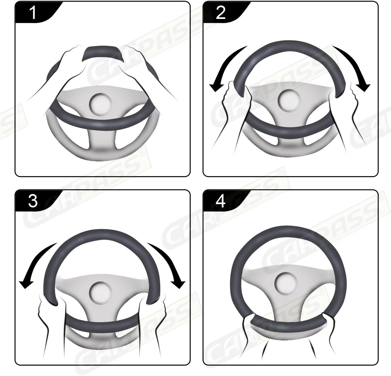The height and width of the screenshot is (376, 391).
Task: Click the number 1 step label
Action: pos(33,13)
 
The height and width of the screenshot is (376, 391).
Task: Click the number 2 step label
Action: pos(221,13)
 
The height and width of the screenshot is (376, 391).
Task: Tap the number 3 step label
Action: pos(33,201)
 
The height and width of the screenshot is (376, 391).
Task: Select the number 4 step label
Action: pos(221,201)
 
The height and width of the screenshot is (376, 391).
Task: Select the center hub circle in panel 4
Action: pos(288,282)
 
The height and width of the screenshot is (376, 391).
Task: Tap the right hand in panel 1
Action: pos(137,65)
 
